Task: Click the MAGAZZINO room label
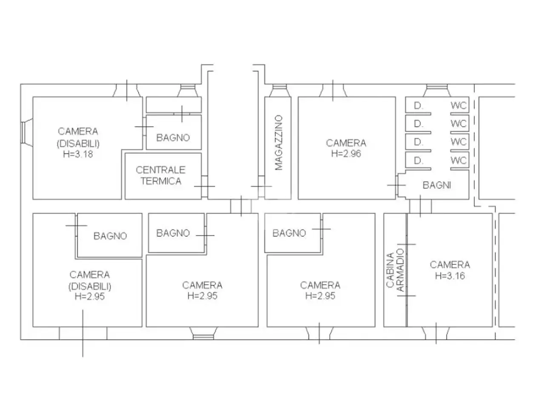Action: tap(279, 142)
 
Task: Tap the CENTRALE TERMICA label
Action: tap(161, 176)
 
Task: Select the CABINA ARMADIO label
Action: tap(395, 270)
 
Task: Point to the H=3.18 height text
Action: tap(78, 154)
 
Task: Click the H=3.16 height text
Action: tap(450, 276)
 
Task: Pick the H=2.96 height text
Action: tap(346, 153)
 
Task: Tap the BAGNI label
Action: tap(437, 185)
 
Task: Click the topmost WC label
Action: tap(459, 105)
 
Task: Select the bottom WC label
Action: tap(459, 161)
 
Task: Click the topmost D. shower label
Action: tap(419, 106)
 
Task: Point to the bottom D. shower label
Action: tap(419, 161)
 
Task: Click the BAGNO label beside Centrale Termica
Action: tap(173, 138)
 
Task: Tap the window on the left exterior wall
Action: tap(26, 133)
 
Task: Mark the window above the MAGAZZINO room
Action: tap(280, 91)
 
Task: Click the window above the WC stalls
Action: tap(437, 91)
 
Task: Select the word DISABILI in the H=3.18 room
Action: tap(78, 144)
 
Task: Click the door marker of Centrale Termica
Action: tap(204, 186)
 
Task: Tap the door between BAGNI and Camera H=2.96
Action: tap(397, 185)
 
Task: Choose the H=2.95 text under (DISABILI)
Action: tap(90, 296)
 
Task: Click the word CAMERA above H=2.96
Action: tap(346, 143)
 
